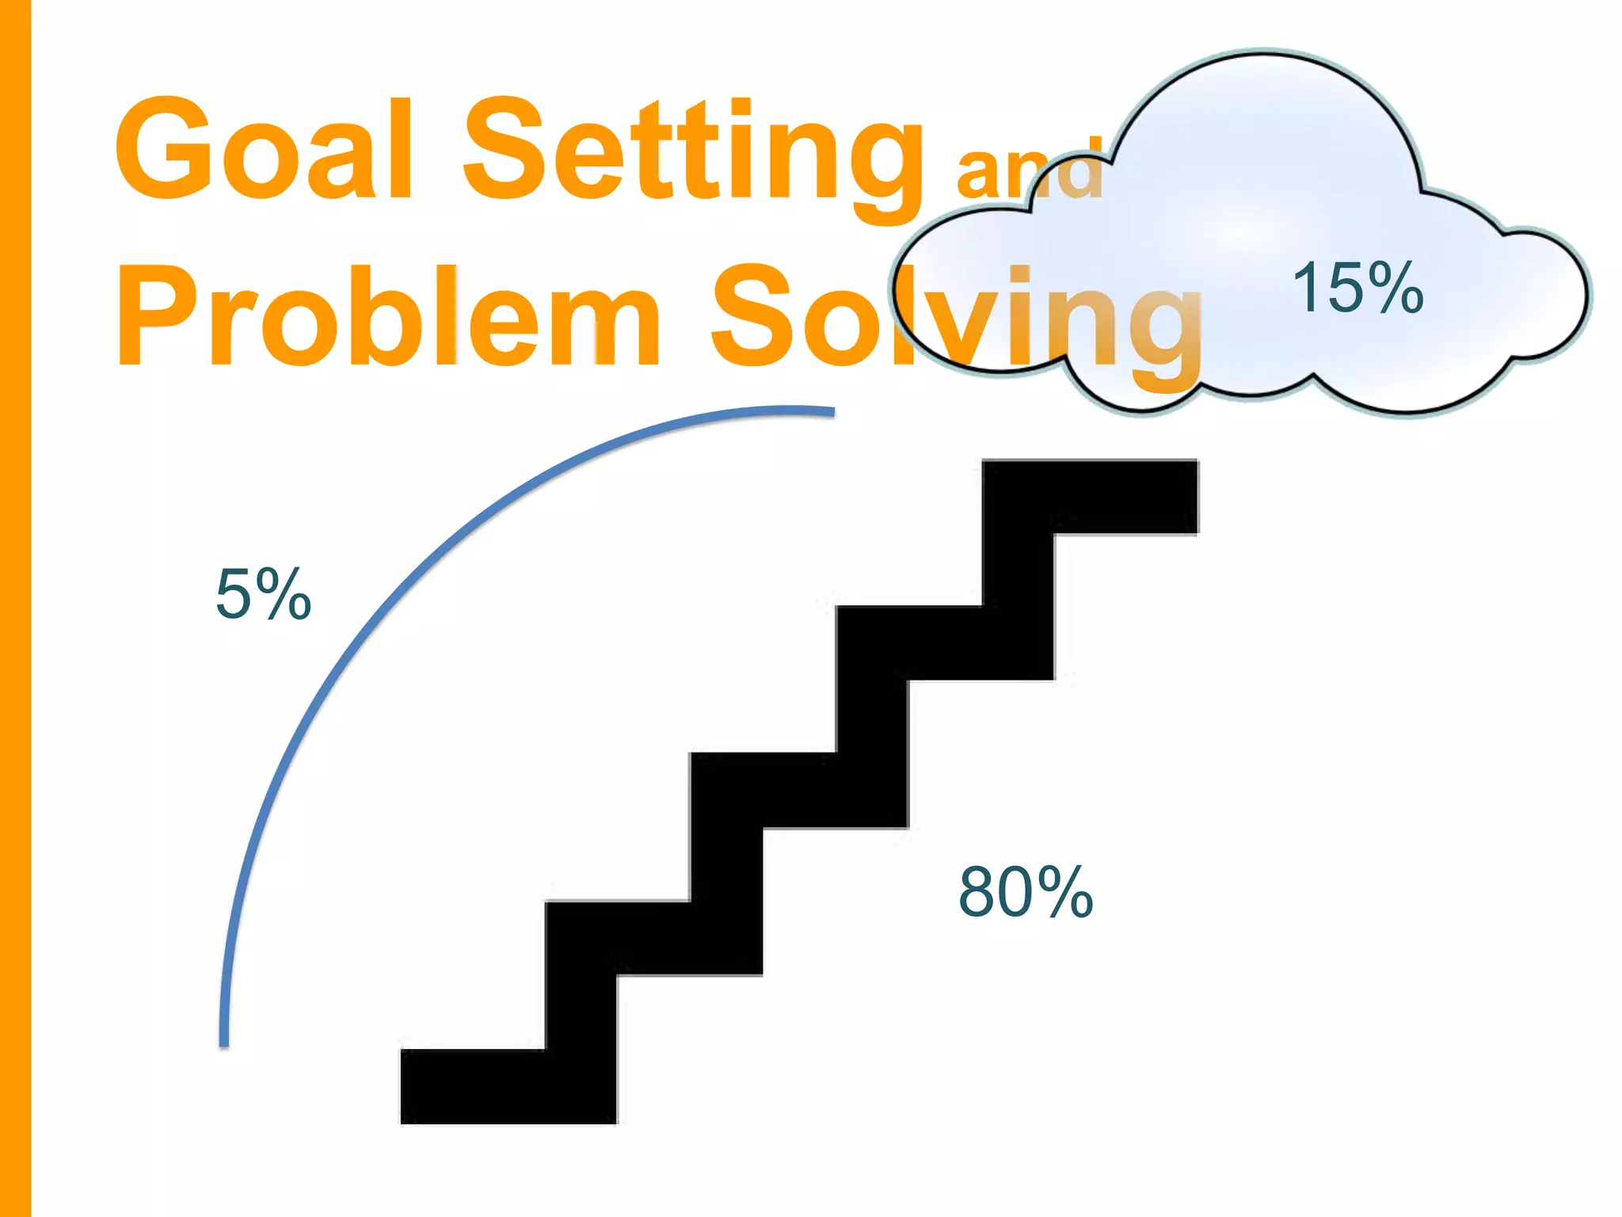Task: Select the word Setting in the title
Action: click(x=692, y=155)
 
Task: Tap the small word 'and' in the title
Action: click(x=1030, y=170)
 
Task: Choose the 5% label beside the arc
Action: click(x=263, y=593)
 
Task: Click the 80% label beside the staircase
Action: click(x=1026, y=892)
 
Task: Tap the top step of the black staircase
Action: click(x=1090, y=496)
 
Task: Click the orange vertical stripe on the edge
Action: click(x=15, y=608)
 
